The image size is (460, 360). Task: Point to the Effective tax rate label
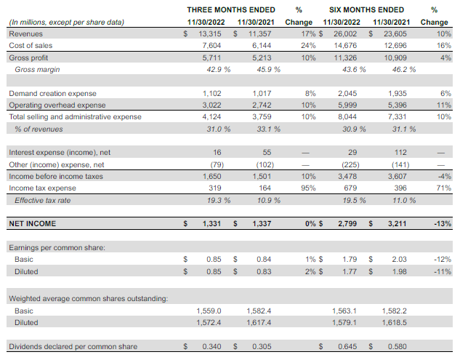45,200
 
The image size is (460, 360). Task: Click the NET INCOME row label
32,224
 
